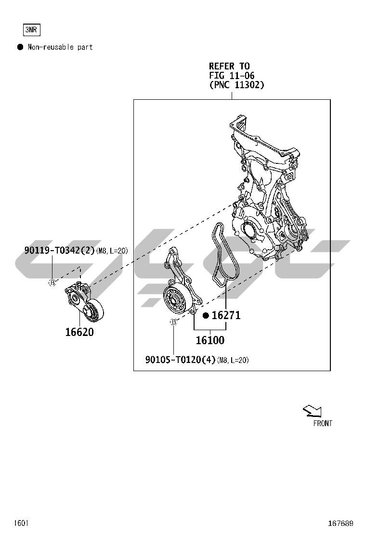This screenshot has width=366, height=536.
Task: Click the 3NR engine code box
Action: pyautogui.click(x=31, y=30)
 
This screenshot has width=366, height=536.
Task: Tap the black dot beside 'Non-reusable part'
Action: pyautogui.click(x=21, y=47)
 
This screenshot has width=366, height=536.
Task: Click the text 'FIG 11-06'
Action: pyautogui.click(x=232, y=76)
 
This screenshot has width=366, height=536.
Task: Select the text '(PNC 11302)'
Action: pyautogui.click(x=236, y=85)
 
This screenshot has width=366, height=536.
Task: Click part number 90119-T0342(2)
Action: pyautogui.click(x=59, y=251)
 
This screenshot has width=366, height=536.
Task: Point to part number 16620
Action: pyautogui.click(x=79, y=332)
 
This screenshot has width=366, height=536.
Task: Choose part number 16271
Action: pyautogui.click(x=226, y=315)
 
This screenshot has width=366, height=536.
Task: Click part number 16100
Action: pyautogui.click(x=210, y=340)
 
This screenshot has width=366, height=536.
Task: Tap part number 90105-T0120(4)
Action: pyautogui.click(x=181, y=360)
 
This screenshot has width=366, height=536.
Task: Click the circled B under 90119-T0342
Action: pyautogui.click(x=52, y=282)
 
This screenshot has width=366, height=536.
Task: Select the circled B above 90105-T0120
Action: pyautogui.click(x=173, y=322)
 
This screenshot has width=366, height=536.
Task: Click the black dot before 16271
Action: pyautogui.click(x=206, y=316)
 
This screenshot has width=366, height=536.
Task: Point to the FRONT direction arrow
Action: pyautogui.click(x=313, y=411)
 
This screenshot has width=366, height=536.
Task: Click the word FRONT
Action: pyautogui.click(x=323, y=424)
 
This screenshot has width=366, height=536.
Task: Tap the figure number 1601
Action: pyautogui.click(x=21, y=523)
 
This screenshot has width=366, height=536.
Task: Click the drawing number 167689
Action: pyautogui.click(x=340, y=523)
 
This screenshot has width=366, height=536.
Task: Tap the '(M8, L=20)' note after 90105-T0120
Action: pyautogui.click(x=233, y=360)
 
